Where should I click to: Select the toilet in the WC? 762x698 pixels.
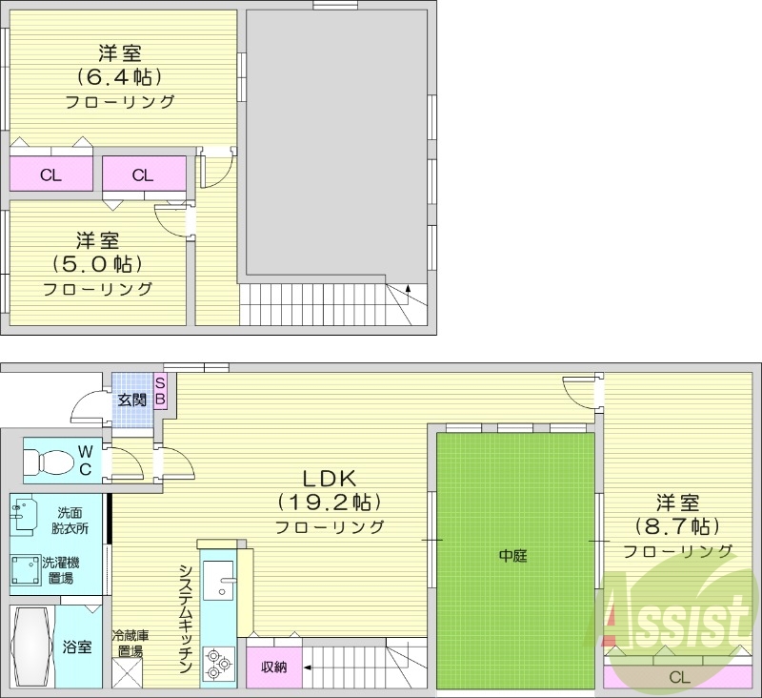pyautogui.click(x=49, y=462)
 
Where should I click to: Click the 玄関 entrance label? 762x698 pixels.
pyautogui.click(x=132, y=399)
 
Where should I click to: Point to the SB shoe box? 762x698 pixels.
pyautogui.click(x=160, y=391)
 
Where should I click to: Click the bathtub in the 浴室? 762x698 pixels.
pyautogui.click(x=30, y=646)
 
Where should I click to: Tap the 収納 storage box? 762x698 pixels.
pyautogui.click(x=273, y=667)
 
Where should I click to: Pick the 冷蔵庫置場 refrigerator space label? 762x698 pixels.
pyautogui.click(x=129, y=644)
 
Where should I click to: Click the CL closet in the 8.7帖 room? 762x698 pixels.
pyautogui.click(x=678, y=677)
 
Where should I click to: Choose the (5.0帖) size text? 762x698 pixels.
pyautogui.click(x=98, y=263)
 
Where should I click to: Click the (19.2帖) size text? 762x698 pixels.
pyautogui.click(x=329, y=502)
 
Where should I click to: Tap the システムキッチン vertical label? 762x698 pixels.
pyautogui.click(x=187, y=620)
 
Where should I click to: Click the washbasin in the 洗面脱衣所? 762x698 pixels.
pyautogui.click(x=24, y=513)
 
